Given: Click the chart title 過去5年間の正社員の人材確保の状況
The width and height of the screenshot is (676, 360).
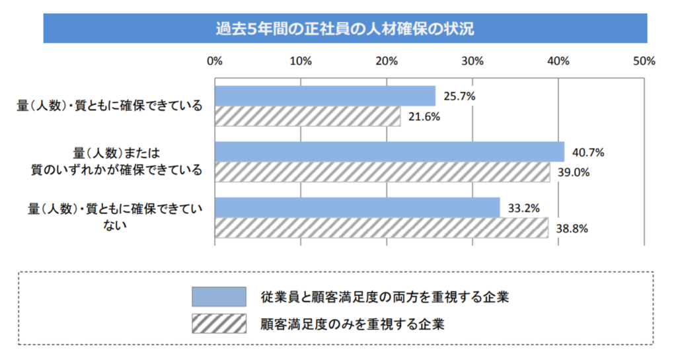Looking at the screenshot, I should point(345,30).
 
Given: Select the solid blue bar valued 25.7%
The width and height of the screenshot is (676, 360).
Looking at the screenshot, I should point(325,96).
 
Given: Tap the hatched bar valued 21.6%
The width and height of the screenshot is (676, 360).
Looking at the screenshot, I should point(307,116).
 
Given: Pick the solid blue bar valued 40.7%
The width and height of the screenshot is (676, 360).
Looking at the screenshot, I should point(389,152).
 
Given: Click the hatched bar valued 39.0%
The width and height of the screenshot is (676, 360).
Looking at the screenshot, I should point(382,172).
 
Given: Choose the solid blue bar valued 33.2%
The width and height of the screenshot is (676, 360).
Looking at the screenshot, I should point(357,207).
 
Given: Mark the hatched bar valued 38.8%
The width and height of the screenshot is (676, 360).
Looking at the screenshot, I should point(381,228).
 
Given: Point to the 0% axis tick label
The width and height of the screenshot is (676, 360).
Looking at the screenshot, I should point(215,61).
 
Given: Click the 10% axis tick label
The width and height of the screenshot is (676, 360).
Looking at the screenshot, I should point(301,61).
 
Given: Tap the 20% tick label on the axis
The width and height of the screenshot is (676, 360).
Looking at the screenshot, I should point(387,61).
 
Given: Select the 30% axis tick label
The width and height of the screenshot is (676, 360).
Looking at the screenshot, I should point(472,61).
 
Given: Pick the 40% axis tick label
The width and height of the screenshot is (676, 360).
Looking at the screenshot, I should point(558,61).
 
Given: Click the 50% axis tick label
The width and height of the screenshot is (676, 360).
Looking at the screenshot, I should point(644,61).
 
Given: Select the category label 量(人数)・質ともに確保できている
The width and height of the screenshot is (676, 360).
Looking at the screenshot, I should point(109,106).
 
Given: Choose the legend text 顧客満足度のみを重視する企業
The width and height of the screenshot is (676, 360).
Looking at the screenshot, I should point(353,324).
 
